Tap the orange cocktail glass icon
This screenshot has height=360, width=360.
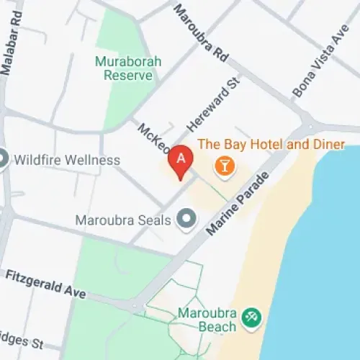[225, 166]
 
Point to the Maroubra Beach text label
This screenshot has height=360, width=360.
[207, 320]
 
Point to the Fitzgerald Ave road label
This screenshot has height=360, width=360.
[45, 284]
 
